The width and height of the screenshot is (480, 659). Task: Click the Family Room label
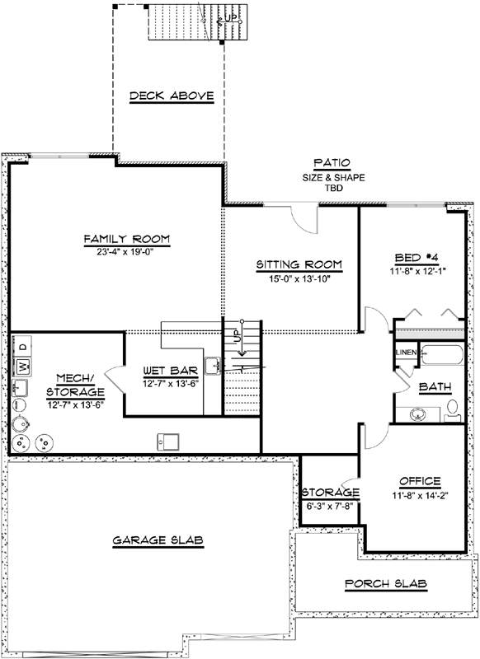126,239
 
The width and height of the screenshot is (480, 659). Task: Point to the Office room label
420,481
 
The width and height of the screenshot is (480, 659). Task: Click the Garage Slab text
158,540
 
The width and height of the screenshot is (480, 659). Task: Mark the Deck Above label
172,97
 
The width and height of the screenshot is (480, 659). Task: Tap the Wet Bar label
167,370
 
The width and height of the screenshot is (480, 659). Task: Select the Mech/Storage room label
75,385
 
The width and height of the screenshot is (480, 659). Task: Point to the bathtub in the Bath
445,356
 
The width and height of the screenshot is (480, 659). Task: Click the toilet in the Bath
453,407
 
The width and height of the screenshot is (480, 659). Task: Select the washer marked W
24,366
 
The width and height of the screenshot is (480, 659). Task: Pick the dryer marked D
23,344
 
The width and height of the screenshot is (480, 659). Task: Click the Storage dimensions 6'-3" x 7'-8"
329,507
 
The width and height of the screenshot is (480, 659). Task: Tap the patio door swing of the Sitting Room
304,217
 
